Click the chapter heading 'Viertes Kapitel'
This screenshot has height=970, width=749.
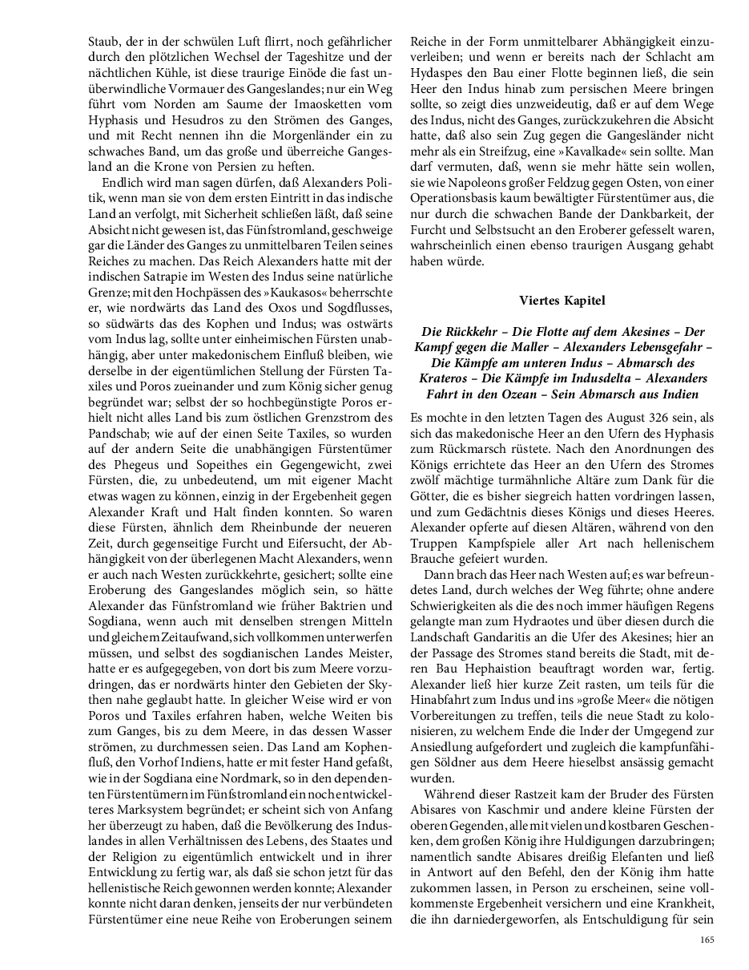(x=561, y=301)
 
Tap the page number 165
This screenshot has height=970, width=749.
(x=706, y=940)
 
